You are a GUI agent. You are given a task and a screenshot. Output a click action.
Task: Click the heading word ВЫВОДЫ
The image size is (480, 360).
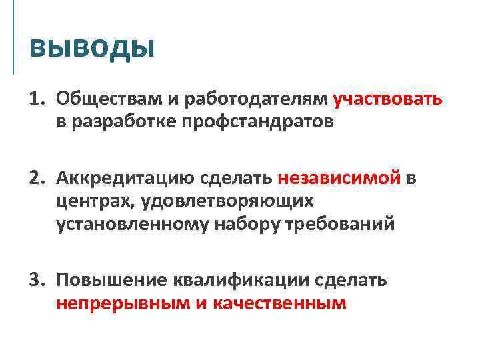tap(92, 48)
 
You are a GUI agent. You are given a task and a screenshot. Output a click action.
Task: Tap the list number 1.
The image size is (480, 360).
tap(35, 99)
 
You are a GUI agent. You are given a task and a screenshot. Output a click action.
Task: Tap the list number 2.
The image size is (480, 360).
tap(35, 178)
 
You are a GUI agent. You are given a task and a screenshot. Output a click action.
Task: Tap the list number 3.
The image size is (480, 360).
tap(35, 279)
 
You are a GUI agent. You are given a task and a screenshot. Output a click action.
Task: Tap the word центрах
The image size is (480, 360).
tap(91, 201)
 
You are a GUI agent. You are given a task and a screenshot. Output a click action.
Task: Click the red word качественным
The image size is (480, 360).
tap(281, 303)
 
